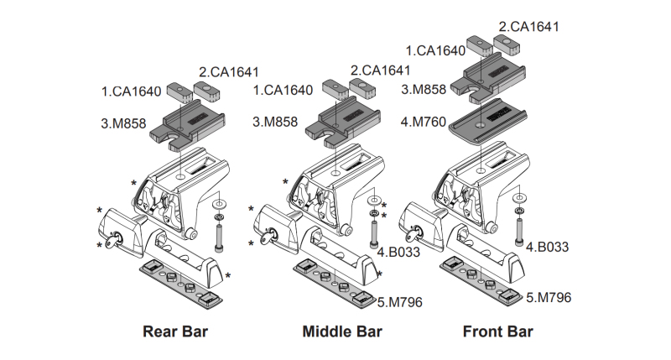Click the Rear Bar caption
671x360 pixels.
175,331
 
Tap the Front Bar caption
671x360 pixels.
497,331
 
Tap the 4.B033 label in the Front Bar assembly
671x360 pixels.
549,247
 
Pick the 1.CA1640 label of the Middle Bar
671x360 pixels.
283,89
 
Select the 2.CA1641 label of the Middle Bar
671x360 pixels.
381,70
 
